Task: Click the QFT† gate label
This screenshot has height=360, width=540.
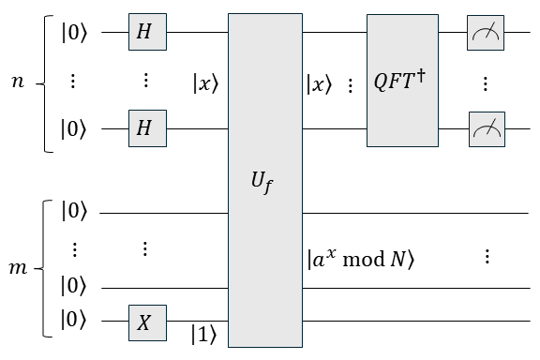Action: pyautogui.click(x=403, y=82)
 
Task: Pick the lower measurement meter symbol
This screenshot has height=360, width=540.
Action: pyautogui.click(x=486, y=130)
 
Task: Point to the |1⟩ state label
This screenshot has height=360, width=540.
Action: pyautogui.click(x=204, y=333)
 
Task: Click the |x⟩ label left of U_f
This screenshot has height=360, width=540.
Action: pyautogui.click(x=204, y=82)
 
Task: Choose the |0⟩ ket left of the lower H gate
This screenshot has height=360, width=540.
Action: pyautogui.click(x=74, y=130)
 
